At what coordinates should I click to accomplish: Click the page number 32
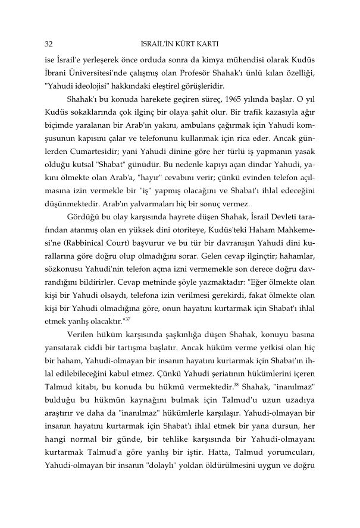coord(49,44)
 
